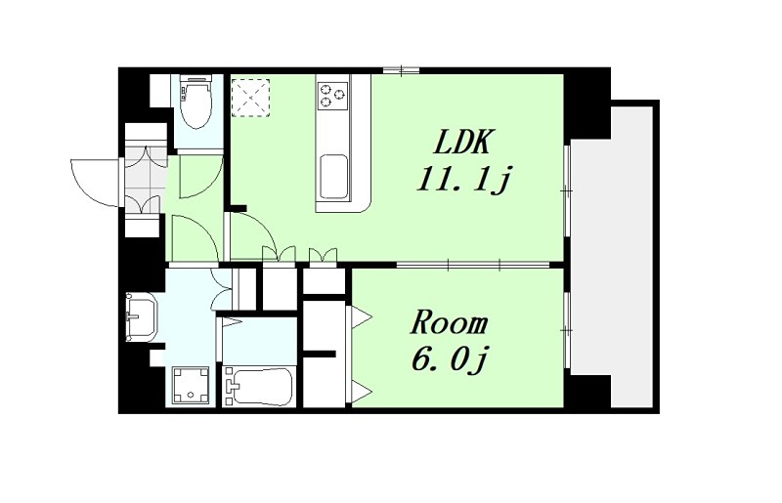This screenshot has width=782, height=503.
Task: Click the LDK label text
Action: point(463,141)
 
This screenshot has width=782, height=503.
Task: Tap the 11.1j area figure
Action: point(463,179)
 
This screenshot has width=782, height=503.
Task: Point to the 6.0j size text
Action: point(449,358)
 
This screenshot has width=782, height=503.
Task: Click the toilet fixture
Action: point(196,102)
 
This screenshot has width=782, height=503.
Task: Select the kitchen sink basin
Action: point(333,177)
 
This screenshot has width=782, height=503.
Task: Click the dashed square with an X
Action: point(251,98)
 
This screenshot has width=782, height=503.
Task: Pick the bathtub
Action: point(258,387)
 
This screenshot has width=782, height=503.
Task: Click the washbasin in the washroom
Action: point(142,316)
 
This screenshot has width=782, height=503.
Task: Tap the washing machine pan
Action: point(191,386)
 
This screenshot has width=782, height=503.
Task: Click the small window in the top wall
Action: point(402,70)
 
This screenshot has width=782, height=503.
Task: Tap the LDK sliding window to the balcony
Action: point(567,189)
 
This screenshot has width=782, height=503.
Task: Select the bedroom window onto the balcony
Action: point(567,330)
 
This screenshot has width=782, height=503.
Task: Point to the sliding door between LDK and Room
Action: point(473,265)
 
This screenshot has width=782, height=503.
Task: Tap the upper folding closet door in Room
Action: point(360,316)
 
